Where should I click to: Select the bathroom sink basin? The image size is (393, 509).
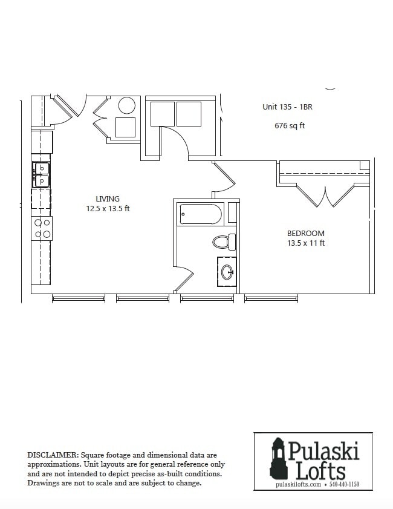[227, 272]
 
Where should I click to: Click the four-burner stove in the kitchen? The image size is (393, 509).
[42, 228]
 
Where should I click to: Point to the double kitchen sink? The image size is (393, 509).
[42, 174]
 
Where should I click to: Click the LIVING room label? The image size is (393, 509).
[108, 199]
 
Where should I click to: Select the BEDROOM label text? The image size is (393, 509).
[305, 233]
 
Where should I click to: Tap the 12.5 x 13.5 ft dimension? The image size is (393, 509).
[108, 209]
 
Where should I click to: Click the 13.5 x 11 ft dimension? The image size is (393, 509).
[305, 243]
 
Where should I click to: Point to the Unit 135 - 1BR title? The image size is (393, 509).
[287, 107]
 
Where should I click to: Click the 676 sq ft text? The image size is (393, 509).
[290, 126]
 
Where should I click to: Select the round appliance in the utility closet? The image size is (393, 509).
[127, 106]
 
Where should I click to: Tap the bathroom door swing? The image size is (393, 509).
[183, 280]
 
